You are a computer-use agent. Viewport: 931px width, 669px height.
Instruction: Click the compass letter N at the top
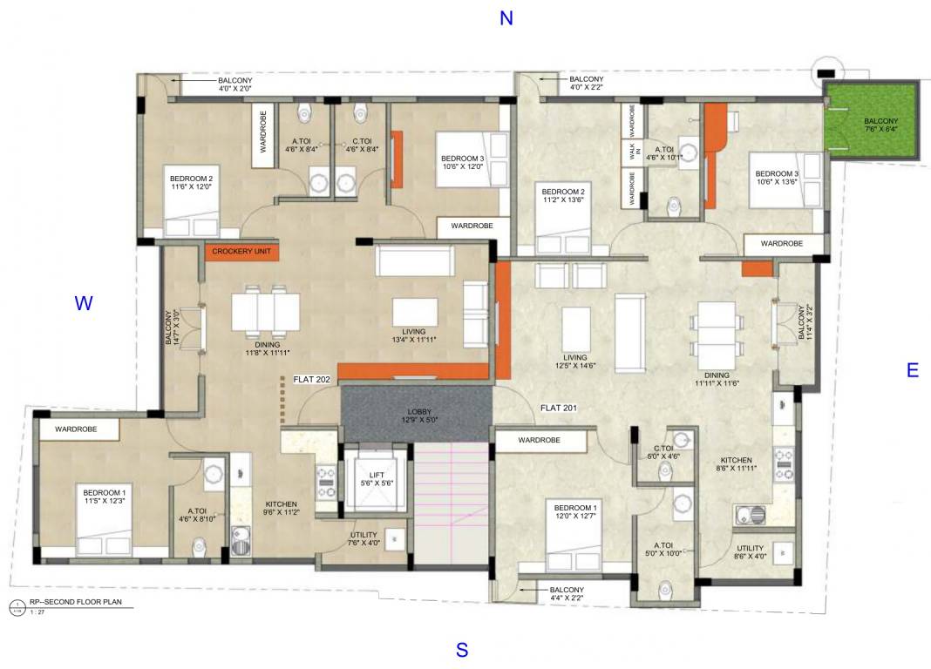506,18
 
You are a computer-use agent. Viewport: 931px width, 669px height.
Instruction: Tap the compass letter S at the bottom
462,650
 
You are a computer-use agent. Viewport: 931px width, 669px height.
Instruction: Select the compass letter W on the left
83,303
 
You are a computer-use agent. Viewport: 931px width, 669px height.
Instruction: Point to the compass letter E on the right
912,370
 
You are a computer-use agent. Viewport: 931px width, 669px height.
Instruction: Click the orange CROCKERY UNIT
241,252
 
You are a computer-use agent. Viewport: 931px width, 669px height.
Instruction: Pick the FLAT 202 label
311,379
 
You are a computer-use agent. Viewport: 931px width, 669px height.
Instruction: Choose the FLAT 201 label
559,407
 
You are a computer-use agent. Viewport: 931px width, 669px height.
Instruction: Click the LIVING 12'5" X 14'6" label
574,362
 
